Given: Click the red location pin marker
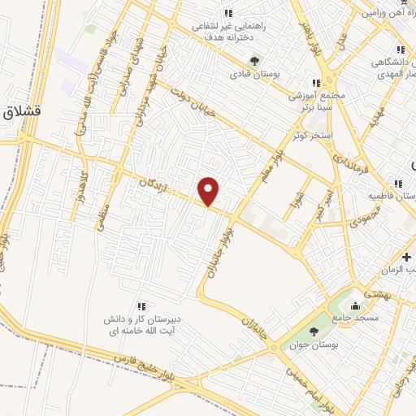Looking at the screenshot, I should [x=210, y=190].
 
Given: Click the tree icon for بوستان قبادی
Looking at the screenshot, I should [x=254, y=60].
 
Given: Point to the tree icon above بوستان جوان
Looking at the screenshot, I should [x=314, y=331].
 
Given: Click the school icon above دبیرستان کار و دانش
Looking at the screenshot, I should [x=141, y=305].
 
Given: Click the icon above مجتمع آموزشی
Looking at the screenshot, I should [x=315, y=82].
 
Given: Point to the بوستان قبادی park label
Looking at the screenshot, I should [x=253, y=74].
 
